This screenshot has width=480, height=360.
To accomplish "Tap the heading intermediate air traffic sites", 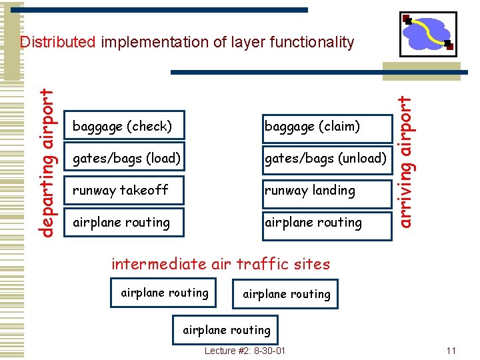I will click(x=221, y=264).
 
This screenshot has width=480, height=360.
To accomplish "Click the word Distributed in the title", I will click(x=58, y=43).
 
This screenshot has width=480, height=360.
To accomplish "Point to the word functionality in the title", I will click(x=312, y=43).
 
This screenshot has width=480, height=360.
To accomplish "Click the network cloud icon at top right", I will click(x=428, y=33).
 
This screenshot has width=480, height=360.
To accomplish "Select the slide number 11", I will click(x=451, y=351).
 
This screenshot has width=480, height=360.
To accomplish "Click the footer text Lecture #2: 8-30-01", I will click(x=245, y=351).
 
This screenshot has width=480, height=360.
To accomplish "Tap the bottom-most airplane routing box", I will click(x=226, y=330).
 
